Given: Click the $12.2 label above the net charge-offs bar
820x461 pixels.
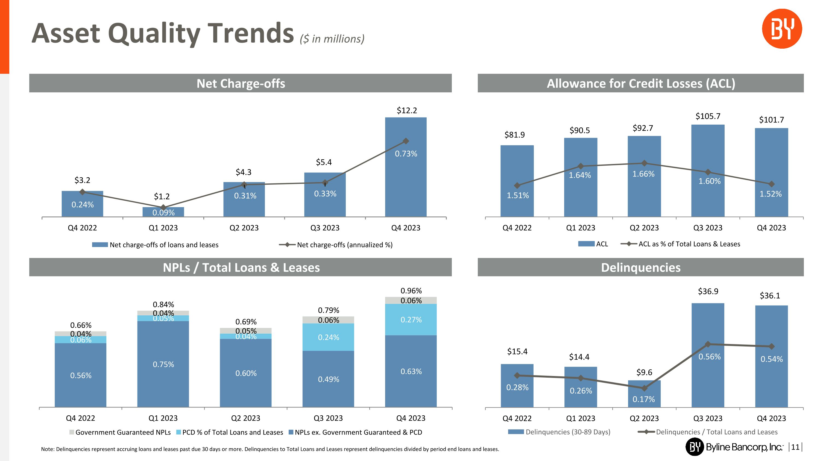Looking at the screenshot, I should pos(406,110).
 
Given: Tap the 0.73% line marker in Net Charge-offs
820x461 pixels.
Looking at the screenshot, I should pos(406,141).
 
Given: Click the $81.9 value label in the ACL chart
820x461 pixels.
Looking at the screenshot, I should pos(514,135).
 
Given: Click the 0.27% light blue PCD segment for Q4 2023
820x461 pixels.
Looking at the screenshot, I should pos(411,319).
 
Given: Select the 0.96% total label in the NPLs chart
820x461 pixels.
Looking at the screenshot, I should pos(411,290).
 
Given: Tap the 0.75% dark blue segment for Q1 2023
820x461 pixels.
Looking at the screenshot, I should pos(163,364).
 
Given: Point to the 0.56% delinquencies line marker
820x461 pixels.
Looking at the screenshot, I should pos(708,344).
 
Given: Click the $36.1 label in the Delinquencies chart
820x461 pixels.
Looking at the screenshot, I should pos(770,296).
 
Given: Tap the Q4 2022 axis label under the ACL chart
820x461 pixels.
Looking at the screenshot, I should pos(517,228).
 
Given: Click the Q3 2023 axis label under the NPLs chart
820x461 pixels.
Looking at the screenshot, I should pos(328,418).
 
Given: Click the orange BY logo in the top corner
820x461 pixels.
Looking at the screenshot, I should pos(782,29).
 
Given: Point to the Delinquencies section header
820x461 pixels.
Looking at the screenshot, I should pos(640,267).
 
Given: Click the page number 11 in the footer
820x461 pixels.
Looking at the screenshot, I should pos(795,447).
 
